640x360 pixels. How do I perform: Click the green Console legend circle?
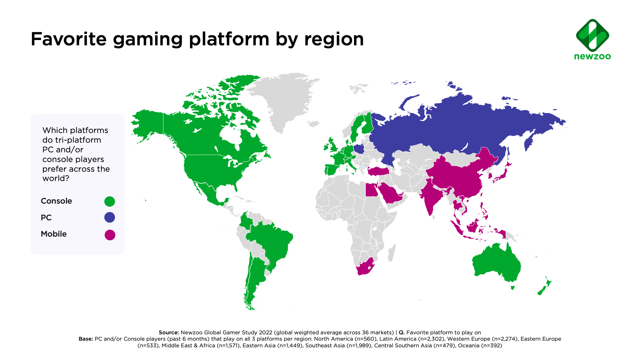click(110, 201)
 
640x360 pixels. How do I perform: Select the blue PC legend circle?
click(110, 217)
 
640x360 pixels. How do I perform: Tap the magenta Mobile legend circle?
click(110, 235)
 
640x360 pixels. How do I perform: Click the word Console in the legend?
click(56, 201)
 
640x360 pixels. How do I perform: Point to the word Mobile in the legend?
click(54, 234)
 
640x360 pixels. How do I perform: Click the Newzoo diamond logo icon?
click(592, 35)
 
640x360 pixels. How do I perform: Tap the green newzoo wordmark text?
click(592, 57)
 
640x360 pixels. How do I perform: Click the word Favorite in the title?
click(69, 39)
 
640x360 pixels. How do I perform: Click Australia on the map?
click(497, 263)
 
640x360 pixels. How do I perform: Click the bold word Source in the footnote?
click(169, 332)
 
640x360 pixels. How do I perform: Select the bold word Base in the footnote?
click(85, 339)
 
